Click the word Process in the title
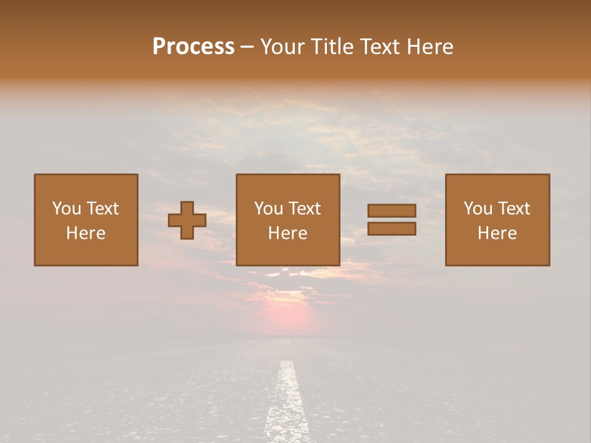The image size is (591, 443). pos(193,46)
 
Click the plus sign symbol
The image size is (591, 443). pos(187,220)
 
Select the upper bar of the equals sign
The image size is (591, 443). pos(392,210)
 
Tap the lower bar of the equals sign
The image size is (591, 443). pos(392,229)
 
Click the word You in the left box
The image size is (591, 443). pos(66,209)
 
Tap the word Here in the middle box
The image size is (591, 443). pos(288,233)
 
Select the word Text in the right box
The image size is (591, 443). pos(513,209)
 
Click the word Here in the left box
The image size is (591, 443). pos(86,233)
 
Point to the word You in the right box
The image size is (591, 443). pos(478,209)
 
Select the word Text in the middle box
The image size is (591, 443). pos(304,209)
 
